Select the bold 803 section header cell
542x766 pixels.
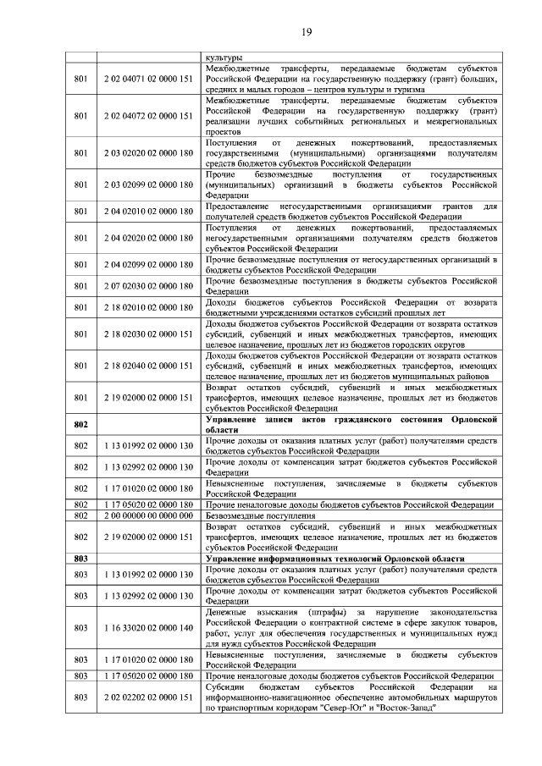point(81,559)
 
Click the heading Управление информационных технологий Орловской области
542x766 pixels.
point(335,559)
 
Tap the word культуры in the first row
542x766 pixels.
point(222,58)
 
